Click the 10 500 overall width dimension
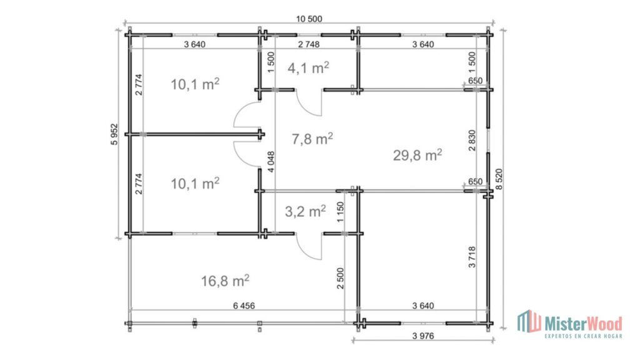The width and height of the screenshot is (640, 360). [x=309, y=19]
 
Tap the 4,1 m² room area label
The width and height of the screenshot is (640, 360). [x=308, y=67]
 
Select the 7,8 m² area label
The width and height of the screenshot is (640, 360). [x=312, y=138]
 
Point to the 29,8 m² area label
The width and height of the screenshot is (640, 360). [x=417, y=155]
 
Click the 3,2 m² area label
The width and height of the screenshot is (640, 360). [x=305, y=211]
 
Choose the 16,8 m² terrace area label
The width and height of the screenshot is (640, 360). [x=225, y=281]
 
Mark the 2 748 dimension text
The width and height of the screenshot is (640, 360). [x=309, y=44]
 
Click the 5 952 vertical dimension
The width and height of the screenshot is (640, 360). [x=114, y=134]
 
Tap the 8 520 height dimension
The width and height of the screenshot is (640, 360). [x=499, y=179]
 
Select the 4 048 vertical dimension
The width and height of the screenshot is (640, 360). [x=271, y=162]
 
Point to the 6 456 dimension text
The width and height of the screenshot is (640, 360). [x=244, y=306]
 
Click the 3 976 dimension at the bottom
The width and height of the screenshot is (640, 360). [x=423, y=336]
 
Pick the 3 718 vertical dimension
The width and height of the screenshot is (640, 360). [x=472, y=257]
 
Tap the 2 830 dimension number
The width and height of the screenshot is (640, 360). [x=472, y=141]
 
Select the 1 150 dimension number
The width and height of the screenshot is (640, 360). [x=341, y=212]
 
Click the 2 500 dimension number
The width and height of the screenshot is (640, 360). [x=341, y=278]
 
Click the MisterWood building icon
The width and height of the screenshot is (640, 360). [x=529, y=321]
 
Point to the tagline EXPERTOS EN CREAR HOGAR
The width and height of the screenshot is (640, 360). [x=583, y=336]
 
